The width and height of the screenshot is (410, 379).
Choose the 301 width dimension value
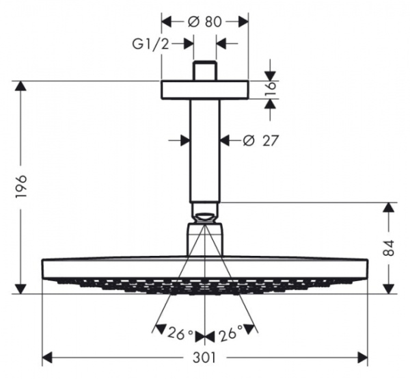coord(206,357)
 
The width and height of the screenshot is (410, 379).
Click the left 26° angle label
coord(181,335)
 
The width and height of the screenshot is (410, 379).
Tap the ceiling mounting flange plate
coord(205,90)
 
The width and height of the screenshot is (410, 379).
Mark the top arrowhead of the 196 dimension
coord(22,86)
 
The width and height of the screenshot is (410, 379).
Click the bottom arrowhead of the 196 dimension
coord(22,289)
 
